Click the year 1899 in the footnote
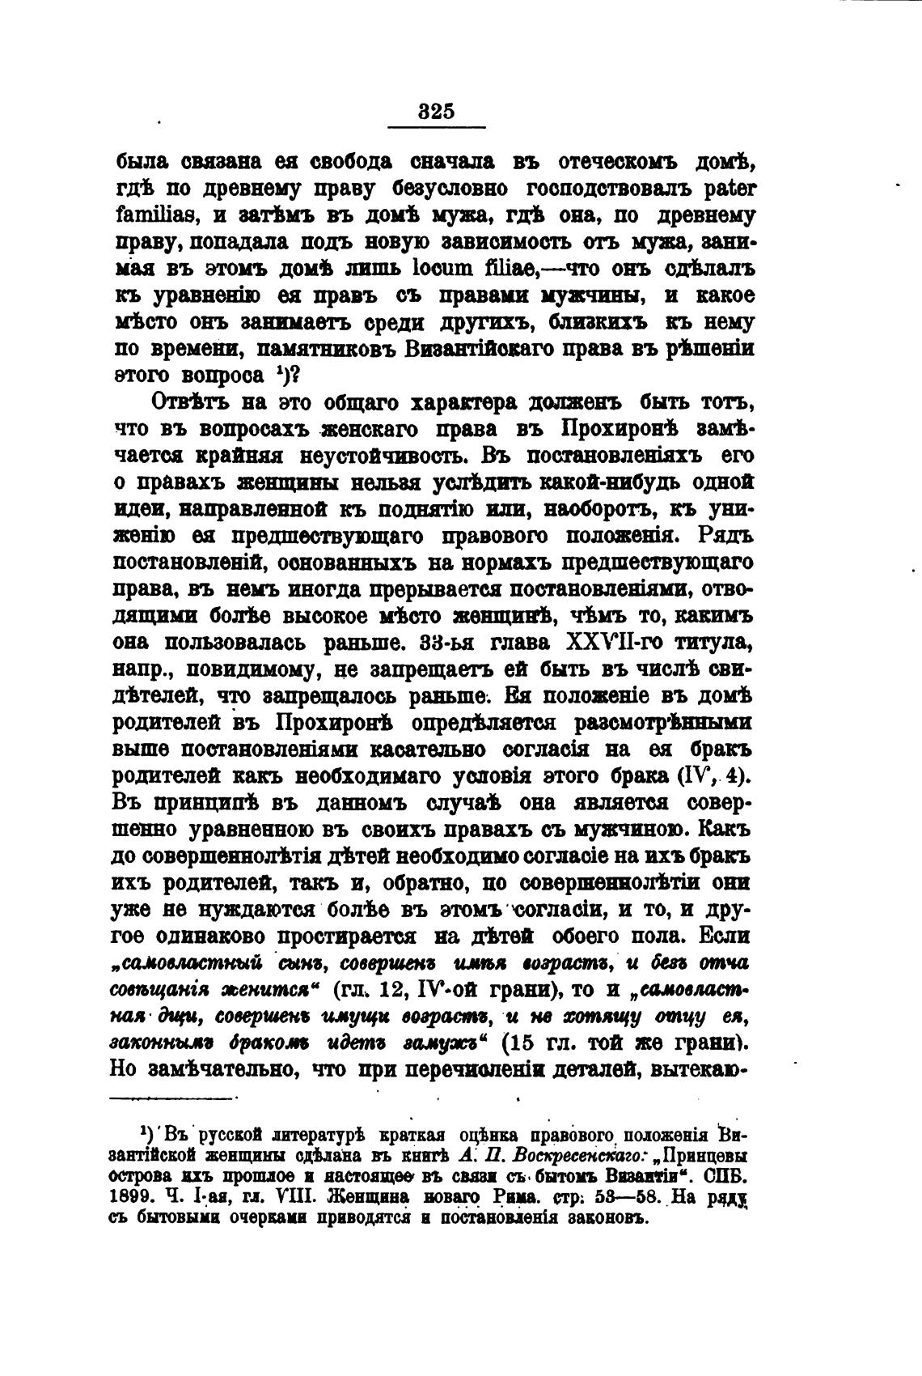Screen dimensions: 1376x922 click(128, 1195)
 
